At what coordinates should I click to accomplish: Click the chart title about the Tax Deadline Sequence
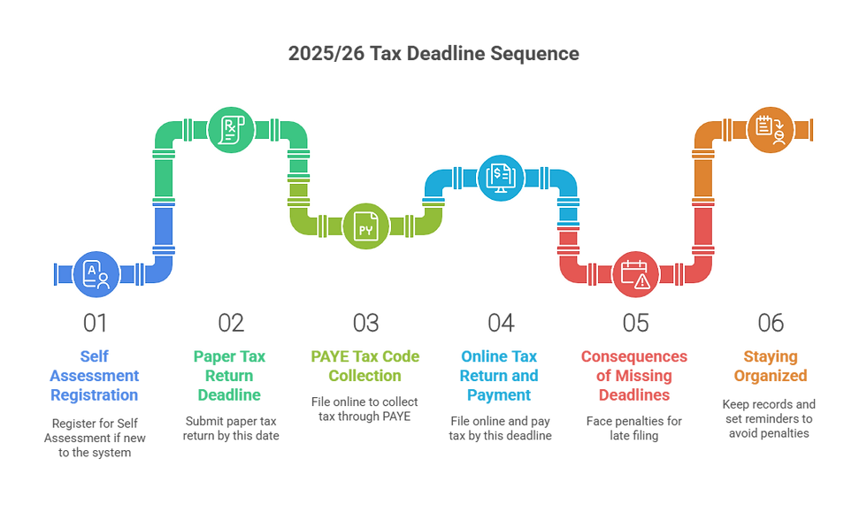(433, 54)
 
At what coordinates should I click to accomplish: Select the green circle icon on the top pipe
(230, 131)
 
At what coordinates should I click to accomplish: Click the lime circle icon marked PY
(365, 226)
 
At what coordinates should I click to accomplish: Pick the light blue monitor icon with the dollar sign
(501, 177)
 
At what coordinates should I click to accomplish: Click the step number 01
(96, 324)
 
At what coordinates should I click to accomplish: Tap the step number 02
(231, 324)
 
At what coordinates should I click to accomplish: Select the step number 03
(365, 324)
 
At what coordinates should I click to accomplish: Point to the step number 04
(501, 324)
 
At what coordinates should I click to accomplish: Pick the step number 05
(635, 324)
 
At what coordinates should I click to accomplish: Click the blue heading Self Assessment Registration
(96, 376)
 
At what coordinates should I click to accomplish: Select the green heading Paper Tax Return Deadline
(231, 376)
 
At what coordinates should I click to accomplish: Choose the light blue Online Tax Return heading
(501, 376)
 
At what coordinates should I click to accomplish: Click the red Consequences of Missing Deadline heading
(635, 376)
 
